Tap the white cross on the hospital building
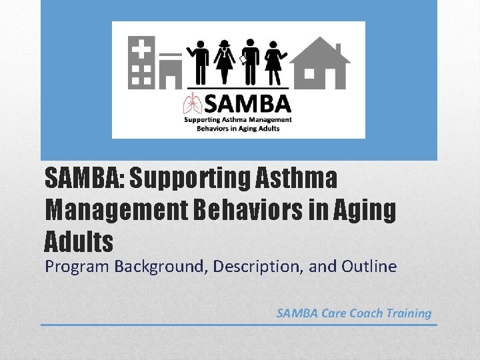pos(141,49)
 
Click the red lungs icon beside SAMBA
pos(192,106)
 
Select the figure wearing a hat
pos(224,61)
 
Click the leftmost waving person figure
pos(198,61)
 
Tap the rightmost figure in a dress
pos(274,61)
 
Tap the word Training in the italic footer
pos(409,313)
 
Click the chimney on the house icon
pos(338,49)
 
